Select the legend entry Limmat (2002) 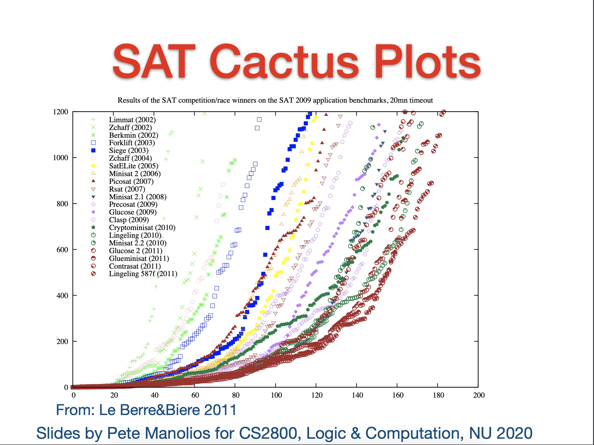(132, 120)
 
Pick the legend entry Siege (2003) (129, 151)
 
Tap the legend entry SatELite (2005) (134, 166)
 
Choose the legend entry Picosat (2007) (131, 181)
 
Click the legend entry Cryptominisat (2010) (142, 228)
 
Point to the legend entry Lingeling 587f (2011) (143, 274)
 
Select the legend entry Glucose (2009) (133, 212)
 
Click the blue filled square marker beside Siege (93, 151)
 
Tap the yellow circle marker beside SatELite (93, 166)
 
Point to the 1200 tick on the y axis (61, 112)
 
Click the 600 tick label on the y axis (62, 250)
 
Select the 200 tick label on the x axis (479, 395)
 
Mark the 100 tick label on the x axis (276, 395)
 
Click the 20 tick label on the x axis (114, 395)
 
